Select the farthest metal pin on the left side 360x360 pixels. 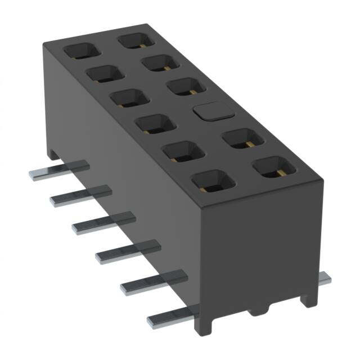click(x=59, y=169)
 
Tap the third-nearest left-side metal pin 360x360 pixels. click(x=128, y=251)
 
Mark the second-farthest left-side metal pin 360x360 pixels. click(x=80, y=194)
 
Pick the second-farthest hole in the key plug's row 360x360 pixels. click(x=161, y=62)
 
